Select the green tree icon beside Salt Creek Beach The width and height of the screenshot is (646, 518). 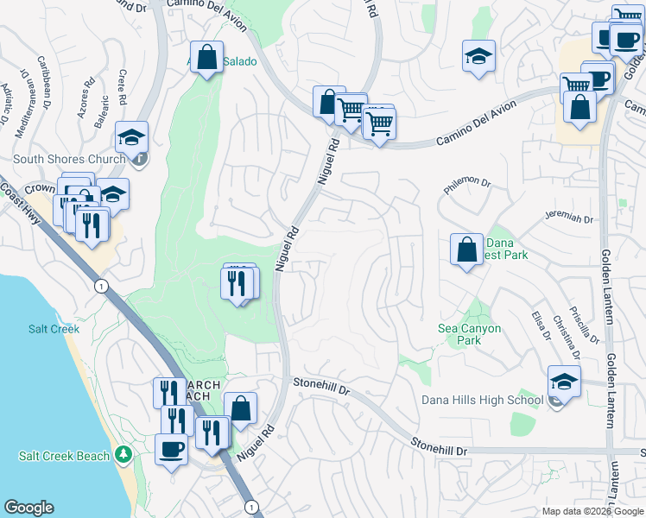pos(124,454)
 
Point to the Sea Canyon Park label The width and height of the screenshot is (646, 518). pos(472,334)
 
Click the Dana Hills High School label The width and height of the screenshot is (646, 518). pos(482,400)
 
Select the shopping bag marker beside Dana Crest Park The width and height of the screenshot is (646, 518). pos(466,250)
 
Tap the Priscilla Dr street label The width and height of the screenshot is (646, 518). pos(588,318)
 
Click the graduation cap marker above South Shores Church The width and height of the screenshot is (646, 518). pos(132,137)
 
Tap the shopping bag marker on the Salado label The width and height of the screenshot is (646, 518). pos(207,58)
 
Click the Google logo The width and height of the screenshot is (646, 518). pos(28,508)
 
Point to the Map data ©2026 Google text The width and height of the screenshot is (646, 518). pos(592,511)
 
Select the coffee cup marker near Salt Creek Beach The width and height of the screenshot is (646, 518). pos(171,448)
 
